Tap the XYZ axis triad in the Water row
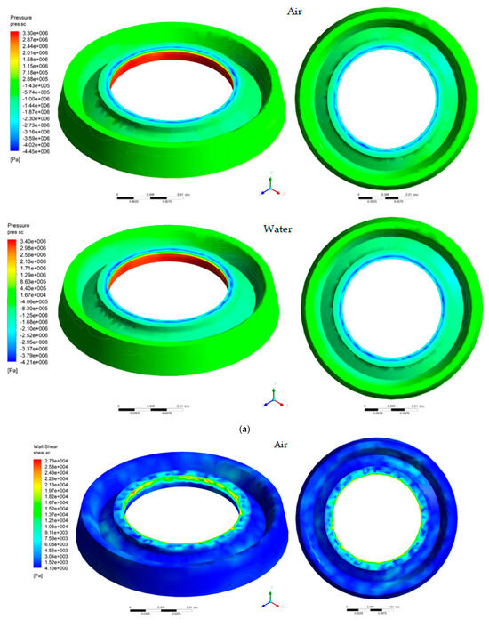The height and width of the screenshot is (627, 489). coord(269,402)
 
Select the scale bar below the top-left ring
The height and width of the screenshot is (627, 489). coord(151,193)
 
